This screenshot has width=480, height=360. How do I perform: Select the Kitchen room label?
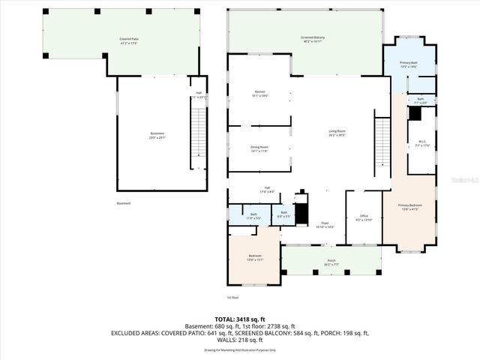[259, 94]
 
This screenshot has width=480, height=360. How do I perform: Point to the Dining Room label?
[259, 148]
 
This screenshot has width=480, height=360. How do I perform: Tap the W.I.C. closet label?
[421, 143]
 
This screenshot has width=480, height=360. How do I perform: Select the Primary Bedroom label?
[409, 207]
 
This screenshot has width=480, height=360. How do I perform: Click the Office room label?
[363, 218]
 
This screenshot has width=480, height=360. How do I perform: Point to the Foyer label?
[325, 224]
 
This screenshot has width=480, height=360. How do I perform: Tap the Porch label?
[331, 262]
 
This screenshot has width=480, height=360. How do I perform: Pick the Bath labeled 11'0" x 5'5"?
[253, 214]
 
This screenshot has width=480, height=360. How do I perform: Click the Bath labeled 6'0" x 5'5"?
[283, 214]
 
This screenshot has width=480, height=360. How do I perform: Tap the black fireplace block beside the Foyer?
[301, 214]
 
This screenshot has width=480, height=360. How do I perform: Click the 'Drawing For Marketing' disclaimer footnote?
[239, 349]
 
